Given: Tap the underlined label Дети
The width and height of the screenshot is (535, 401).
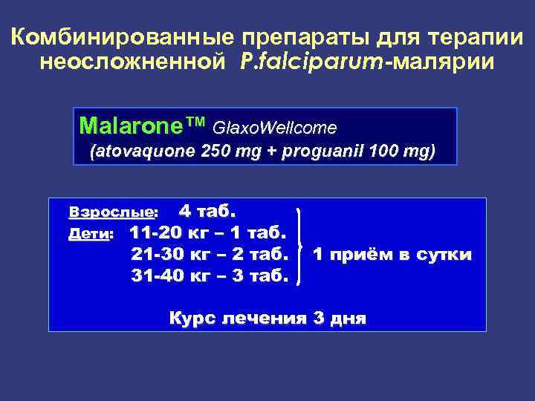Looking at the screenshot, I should tap(88, 234).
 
